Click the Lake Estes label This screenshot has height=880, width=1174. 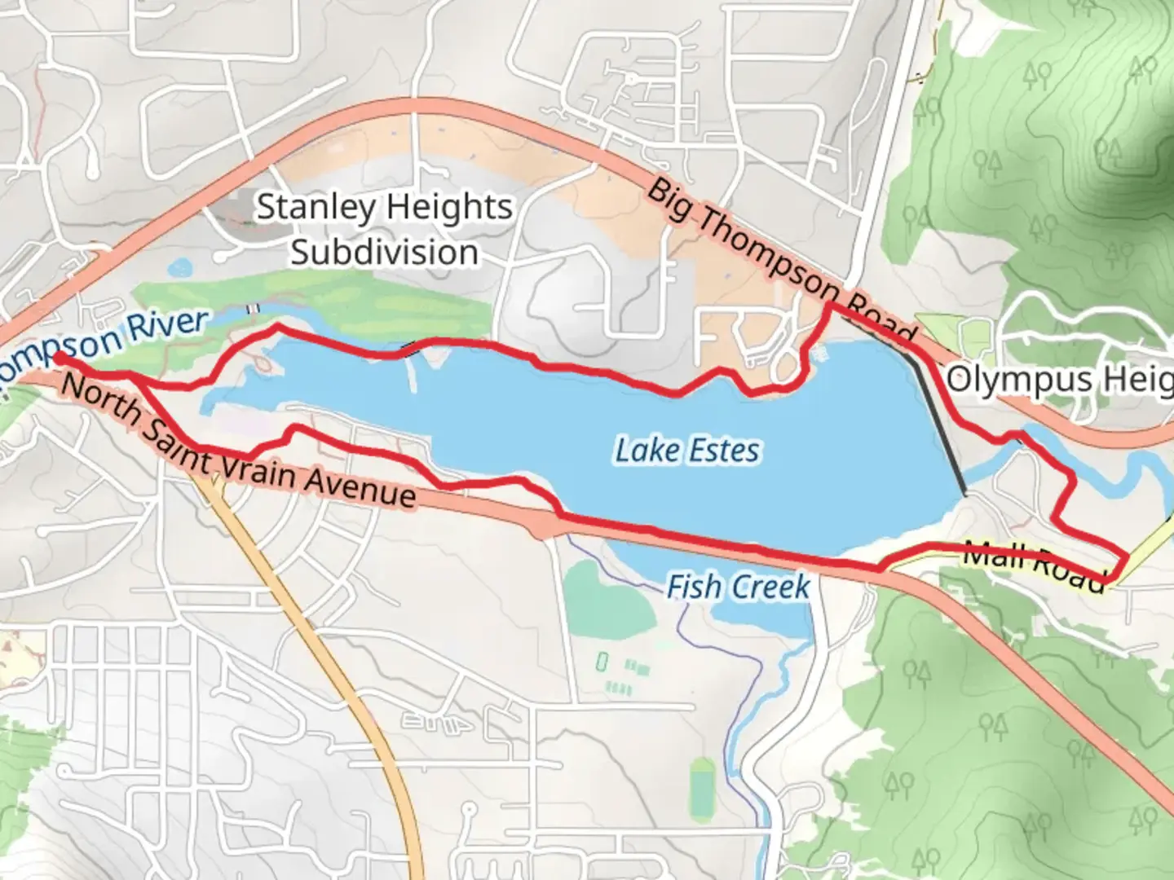[686, 450]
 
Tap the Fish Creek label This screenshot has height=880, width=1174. [738, 586]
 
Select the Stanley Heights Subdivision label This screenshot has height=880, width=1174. [385, 229]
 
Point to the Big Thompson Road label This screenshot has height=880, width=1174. [780, 263]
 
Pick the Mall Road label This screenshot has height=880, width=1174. [1034, 565]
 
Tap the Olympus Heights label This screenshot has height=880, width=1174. [1059, 380]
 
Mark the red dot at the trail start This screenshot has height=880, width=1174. [60, 358]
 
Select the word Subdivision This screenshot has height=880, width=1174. [385, 252]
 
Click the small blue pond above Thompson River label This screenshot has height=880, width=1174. [179, 266]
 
